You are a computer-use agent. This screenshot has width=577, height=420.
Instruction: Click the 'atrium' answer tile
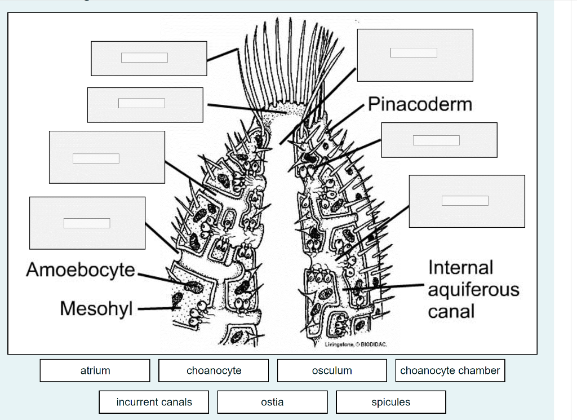tap(95, 370)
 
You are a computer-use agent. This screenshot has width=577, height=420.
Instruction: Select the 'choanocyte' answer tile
tap(214, 370)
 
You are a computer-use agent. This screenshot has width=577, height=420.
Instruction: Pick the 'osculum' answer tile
tap(332, 370)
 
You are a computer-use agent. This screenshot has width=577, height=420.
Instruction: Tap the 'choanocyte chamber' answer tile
tap(450, 370)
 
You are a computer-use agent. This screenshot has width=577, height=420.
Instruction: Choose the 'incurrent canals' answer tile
tap(154, 402)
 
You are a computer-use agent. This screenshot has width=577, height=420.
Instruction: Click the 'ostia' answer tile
tap(272, 402)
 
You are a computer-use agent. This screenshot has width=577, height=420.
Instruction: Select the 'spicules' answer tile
tap(390, 402)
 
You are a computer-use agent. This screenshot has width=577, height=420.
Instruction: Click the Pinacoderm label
tap(420, 104)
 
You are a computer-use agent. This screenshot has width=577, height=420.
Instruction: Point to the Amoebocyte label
tap(81, 269)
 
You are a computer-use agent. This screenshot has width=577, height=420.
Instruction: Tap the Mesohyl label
tap(96, 308)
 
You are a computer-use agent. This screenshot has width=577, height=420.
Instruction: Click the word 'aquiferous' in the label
tap(473, 290)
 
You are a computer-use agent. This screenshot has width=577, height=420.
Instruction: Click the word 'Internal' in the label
tap(460, 267)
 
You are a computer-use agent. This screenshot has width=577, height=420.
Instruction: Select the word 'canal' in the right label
tap(451, 311)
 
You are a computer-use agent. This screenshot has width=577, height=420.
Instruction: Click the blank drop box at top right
tap(414, 53)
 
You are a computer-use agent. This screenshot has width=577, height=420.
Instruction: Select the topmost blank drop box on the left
tap(145, 58)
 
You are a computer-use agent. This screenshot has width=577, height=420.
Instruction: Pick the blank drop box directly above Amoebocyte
tap(87, 223)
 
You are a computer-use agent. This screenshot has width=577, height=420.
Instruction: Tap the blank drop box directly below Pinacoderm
tap(436, 140)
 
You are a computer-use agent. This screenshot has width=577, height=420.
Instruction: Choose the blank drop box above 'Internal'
tap(465, 201)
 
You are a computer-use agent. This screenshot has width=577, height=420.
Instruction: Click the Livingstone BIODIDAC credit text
tap(355, 344)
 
